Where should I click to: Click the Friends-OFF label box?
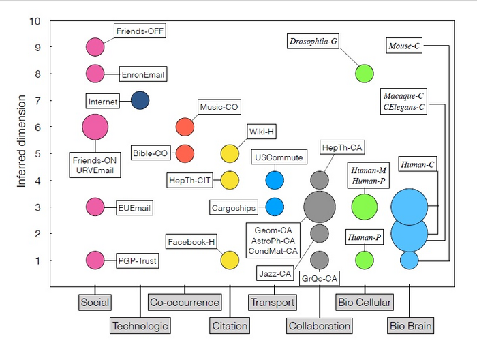140,31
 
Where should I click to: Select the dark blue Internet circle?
140,101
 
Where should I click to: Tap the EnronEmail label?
142,74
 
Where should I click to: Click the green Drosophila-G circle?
365,74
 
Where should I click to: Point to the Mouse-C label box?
404,46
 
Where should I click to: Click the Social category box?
95,302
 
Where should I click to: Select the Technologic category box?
140,325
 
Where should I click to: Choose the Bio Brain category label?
410,325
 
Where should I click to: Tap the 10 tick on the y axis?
35,21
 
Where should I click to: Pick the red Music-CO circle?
185,127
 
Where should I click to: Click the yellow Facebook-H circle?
230,260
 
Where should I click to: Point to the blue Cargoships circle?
274,207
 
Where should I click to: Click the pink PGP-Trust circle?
95,260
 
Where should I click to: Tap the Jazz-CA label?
275,274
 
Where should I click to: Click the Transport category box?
272,302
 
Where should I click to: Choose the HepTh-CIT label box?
191,180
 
